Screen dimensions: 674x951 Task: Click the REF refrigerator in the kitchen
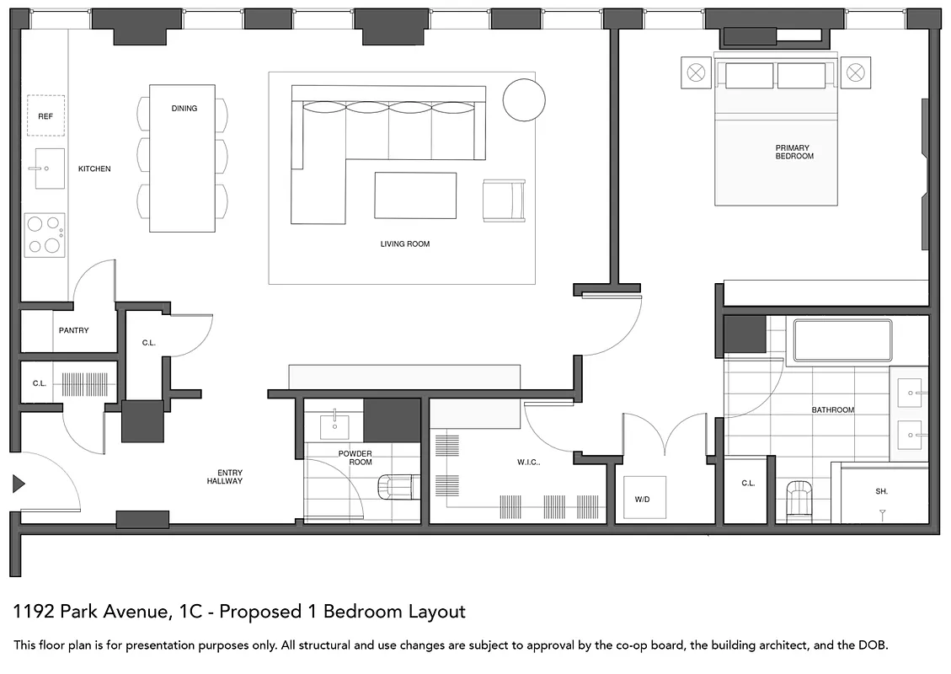(45, 116)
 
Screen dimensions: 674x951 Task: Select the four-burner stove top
(45, 234)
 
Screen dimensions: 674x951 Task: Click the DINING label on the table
(184, 109)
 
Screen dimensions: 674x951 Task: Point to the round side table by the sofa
(524, 100)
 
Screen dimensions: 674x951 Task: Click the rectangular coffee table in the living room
(415, 195)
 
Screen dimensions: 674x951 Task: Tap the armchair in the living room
(504, 201)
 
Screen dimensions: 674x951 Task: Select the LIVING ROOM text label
(405, 244)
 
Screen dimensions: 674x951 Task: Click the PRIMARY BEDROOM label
(794, 152)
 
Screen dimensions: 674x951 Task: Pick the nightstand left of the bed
(696, 72)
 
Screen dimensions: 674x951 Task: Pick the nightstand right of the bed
(855, 72)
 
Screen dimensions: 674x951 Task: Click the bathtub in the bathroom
(841, 340)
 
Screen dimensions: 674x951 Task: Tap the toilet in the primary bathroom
(797, 498)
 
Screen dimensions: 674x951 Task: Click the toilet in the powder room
(397, 486)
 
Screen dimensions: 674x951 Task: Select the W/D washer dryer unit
(644, 499)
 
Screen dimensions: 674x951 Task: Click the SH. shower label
(881, 491)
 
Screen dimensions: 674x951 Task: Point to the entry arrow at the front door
(19, 484)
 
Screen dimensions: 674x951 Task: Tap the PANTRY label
(73, 331)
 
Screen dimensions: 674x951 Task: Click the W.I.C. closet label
(528, 463)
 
